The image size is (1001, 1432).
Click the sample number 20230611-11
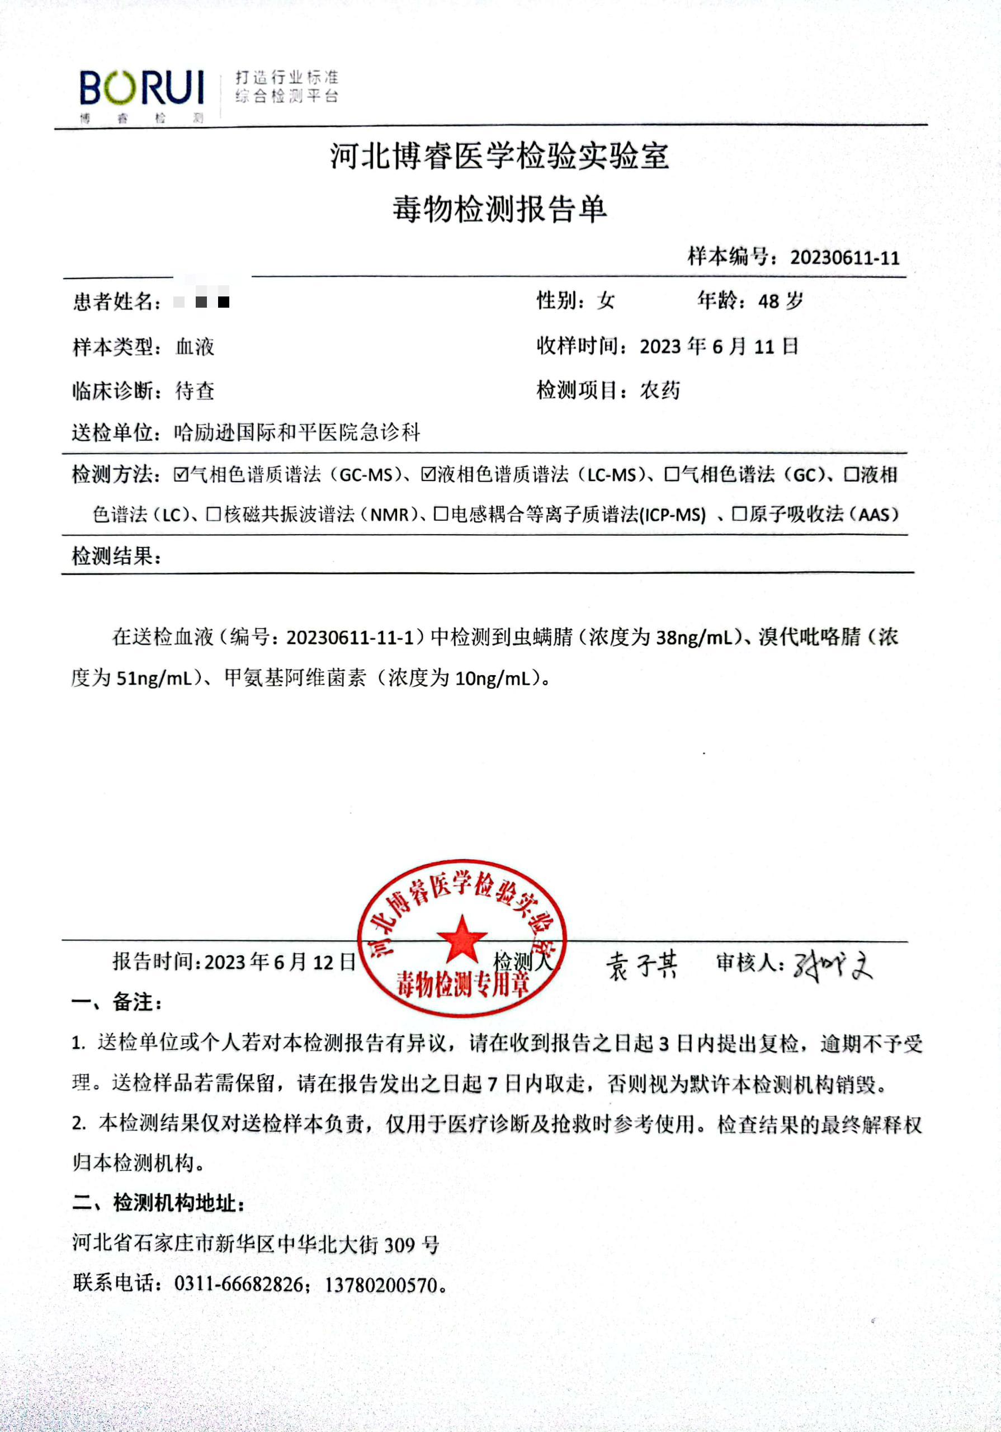pyautogui.click(x=844, y=257)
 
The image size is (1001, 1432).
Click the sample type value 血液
pyautogui.click(x=195, y=347)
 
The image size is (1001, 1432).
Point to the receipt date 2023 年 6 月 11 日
pyautogui.click(x=719, y=346)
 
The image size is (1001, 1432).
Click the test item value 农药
pyautogui.click(x=660, y=390)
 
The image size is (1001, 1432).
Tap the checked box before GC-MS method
pyautogui.click(x=181, y=475)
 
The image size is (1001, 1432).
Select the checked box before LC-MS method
pyautogui.click(x=428, y=475)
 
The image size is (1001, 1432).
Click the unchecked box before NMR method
pyautogui.click(x=214, y=515)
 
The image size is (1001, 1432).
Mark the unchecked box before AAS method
pyautogui.click(x=739, y=515)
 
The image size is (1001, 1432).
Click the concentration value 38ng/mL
pyautogui.click(x=693, y=638)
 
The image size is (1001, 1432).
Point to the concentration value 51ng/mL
pyautogui.click(x=155, y=678)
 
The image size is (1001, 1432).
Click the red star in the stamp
pyautogui.click(x=461, y=939)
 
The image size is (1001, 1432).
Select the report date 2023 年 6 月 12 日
pyautogui.click(x=280, y=962)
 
